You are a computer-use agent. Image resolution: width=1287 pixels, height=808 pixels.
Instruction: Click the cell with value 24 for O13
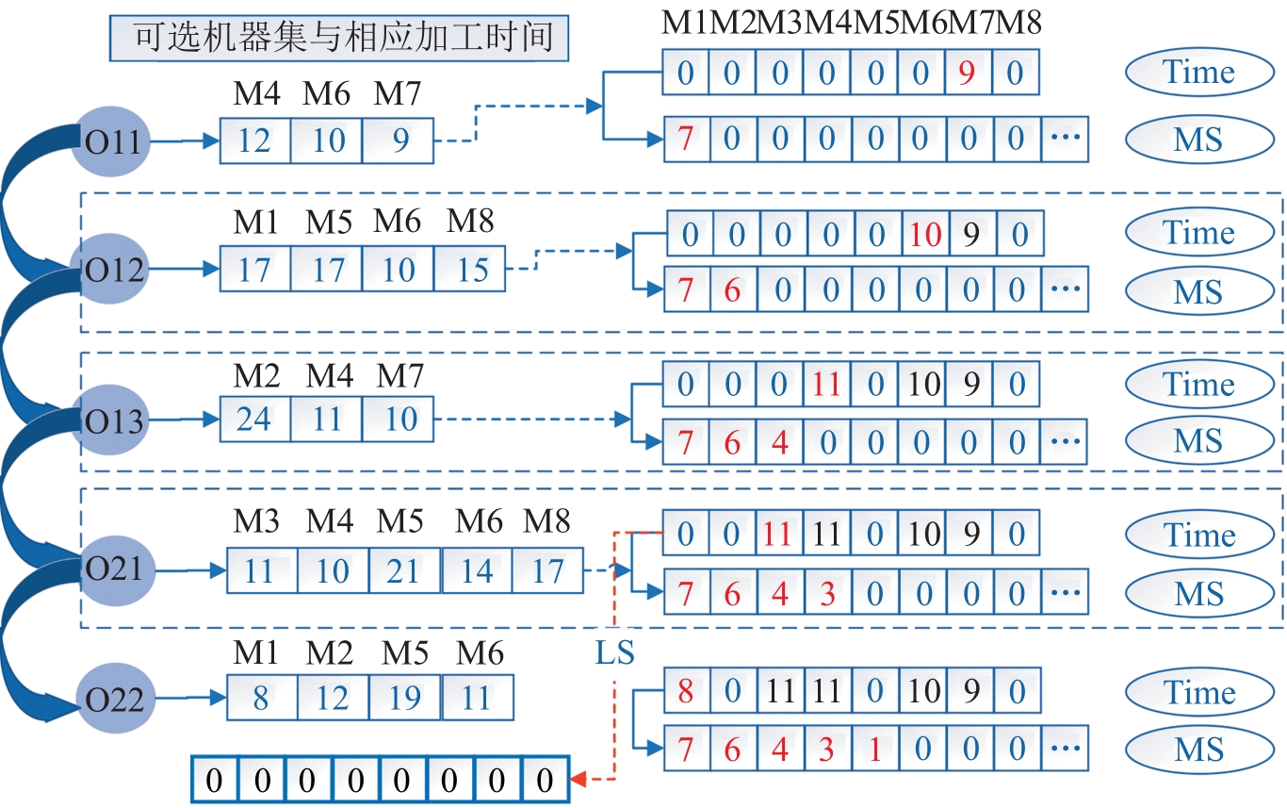pyautogui.click(x=254, y=419)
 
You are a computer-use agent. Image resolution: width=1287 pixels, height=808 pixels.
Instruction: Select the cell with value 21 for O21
pyautogui.click(x=403, y=570)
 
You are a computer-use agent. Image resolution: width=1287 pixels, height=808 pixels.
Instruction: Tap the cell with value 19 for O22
pyautogui.click(x=404, y=699)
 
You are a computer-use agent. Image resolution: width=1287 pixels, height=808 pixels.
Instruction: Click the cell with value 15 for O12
pyautogui.click(x=470, y=270)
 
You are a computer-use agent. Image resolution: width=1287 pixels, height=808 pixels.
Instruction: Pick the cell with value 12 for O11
pyautogui.click(x=254, y=141)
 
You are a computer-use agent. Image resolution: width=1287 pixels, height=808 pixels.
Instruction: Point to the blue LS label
pyautogui.click(x=614, y=652)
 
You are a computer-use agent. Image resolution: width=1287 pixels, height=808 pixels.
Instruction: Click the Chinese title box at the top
pyautogui.click(x=338, y=39)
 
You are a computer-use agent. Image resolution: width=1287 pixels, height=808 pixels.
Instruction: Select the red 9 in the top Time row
pyautogui.click(x=968, y=74)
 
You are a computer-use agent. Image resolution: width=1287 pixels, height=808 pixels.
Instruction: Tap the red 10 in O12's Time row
pyautogui.click(x=924, y=234)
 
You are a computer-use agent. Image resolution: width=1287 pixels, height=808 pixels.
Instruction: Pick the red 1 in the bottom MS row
pyautogui.click(x=874, y=750)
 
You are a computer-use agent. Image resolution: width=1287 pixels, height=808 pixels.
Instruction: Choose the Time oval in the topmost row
pyautogui.click(x=1197, y=73)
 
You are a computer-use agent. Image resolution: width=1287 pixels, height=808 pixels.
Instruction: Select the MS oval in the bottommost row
pyautogui.click(x=1197, y=750)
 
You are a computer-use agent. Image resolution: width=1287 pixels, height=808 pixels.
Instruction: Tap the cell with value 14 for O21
pyautogui.click(x=476, y=570)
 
